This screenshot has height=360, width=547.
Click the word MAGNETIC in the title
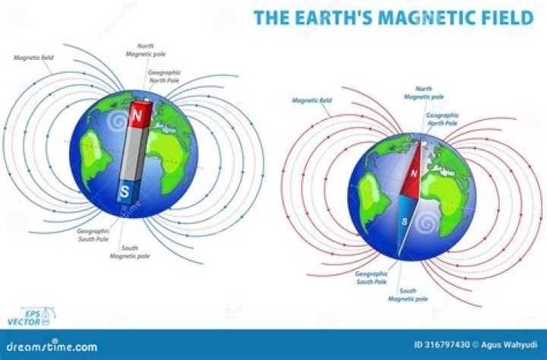417,17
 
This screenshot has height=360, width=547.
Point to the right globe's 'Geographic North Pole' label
441,118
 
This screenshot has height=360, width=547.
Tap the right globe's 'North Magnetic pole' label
419,93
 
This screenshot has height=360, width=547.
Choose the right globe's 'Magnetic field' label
311,99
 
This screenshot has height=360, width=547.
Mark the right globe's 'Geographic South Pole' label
372,277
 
